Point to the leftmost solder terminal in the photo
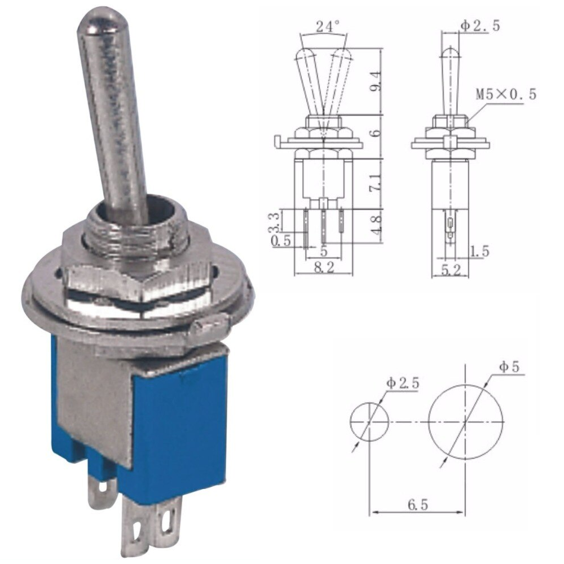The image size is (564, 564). tap(102, 491)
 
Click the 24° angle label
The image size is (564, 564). tap(328, 26)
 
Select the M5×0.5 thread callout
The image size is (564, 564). tap(505, 94)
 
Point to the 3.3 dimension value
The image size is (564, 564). tap(274, 222)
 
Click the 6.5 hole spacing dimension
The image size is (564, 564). tap(417, 504)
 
